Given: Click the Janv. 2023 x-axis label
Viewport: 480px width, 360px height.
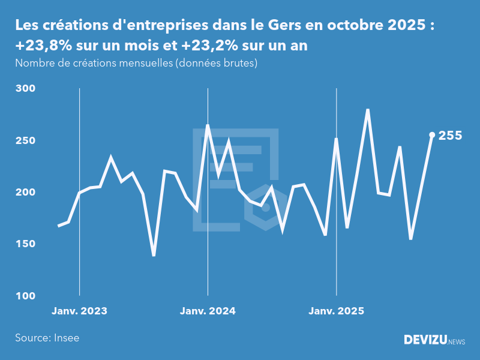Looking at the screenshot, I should coord(79,311).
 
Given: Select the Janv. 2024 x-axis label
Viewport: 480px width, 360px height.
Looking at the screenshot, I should coord(208,311).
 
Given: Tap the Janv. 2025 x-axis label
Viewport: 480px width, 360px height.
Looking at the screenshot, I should coord(336,311).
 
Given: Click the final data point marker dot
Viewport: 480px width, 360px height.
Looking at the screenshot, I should coord(432,135).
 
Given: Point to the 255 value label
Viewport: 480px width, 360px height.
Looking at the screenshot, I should coord(450,136).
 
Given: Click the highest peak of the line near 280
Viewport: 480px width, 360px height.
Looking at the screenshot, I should coord(367,110).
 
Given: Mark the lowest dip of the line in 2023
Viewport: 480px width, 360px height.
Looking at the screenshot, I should coord(154,255).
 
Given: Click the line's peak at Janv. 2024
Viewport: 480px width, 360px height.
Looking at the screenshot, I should coord(208,125).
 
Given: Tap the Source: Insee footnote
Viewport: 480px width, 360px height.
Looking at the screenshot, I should coord(47,338).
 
